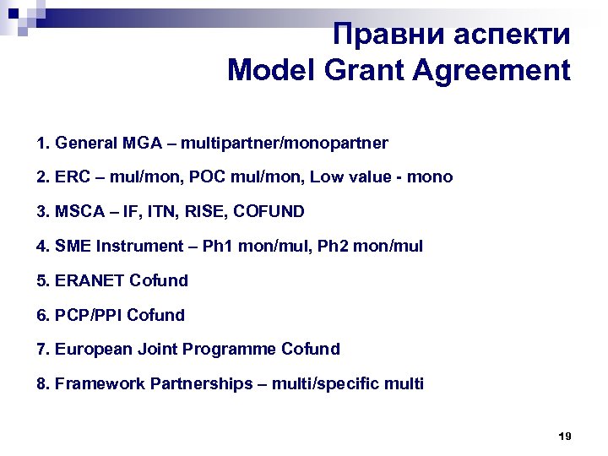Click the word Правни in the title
380,35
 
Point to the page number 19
565,437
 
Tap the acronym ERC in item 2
71,177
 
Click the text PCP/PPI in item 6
89,315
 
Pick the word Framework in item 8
100,384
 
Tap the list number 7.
43,350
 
